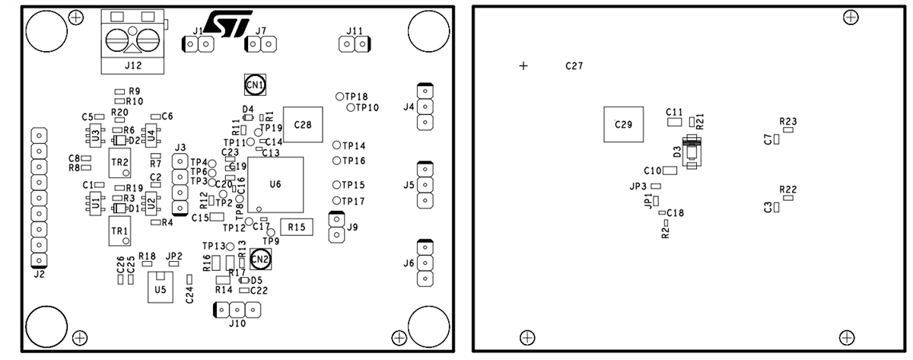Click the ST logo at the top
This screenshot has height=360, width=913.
(224, 24)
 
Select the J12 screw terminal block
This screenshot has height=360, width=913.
(133, 42)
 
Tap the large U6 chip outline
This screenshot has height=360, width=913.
(275, 185)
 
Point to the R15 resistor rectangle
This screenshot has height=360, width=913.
(297, 227)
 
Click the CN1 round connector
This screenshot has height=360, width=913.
(255, 84)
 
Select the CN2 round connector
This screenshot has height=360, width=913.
(261, 260)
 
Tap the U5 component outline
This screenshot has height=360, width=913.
(160, 288)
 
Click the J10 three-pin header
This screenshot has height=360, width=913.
(237, 310)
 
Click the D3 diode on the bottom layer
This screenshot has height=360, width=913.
(691, 152)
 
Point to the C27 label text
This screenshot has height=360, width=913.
(574, 66)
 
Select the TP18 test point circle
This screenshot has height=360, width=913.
(340, 96)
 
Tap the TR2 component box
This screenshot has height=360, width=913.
(119, 162)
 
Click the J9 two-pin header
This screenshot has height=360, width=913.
(334, 227)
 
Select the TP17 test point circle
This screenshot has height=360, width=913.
(336, 200)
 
